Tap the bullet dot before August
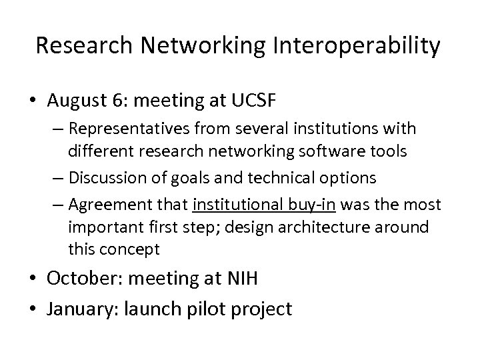[38, 101]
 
